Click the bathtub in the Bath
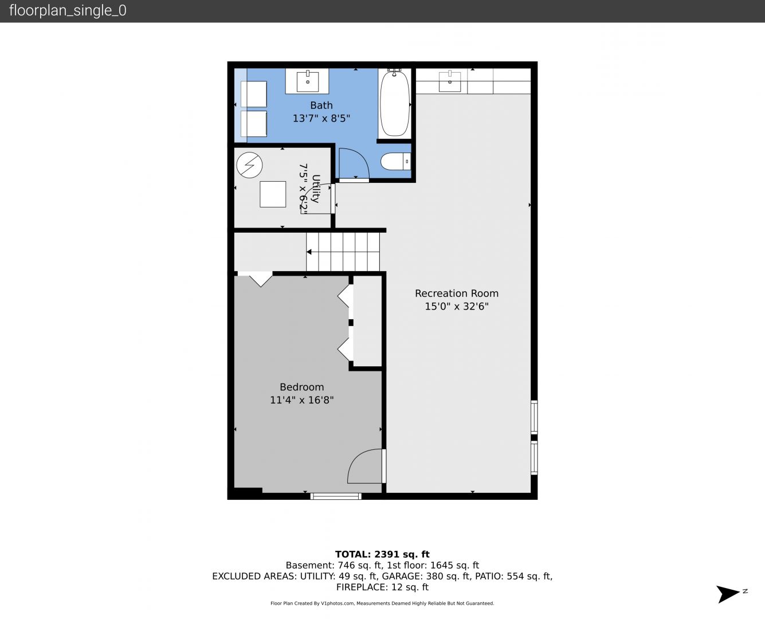click(394, 103)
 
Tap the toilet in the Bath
click(395, 162)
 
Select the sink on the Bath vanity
click(308, 81)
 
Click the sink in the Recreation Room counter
click(450, 81)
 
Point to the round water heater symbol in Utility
click(249, 165)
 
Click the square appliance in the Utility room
click(273, 194)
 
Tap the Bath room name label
click(321, 105)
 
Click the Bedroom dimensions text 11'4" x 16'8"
click(301, 400)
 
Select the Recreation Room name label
click(457, 293)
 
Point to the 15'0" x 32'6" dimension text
click(457, 307)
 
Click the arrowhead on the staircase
click(308, 252)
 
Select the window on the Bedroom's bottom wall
click(336, 496)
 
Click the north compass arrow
click(728, 594)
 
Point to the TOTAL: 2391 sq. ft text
click(382, 554)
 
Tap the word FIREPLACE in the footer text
click(360, 587)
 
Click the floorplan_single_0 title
click(68, 10)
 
